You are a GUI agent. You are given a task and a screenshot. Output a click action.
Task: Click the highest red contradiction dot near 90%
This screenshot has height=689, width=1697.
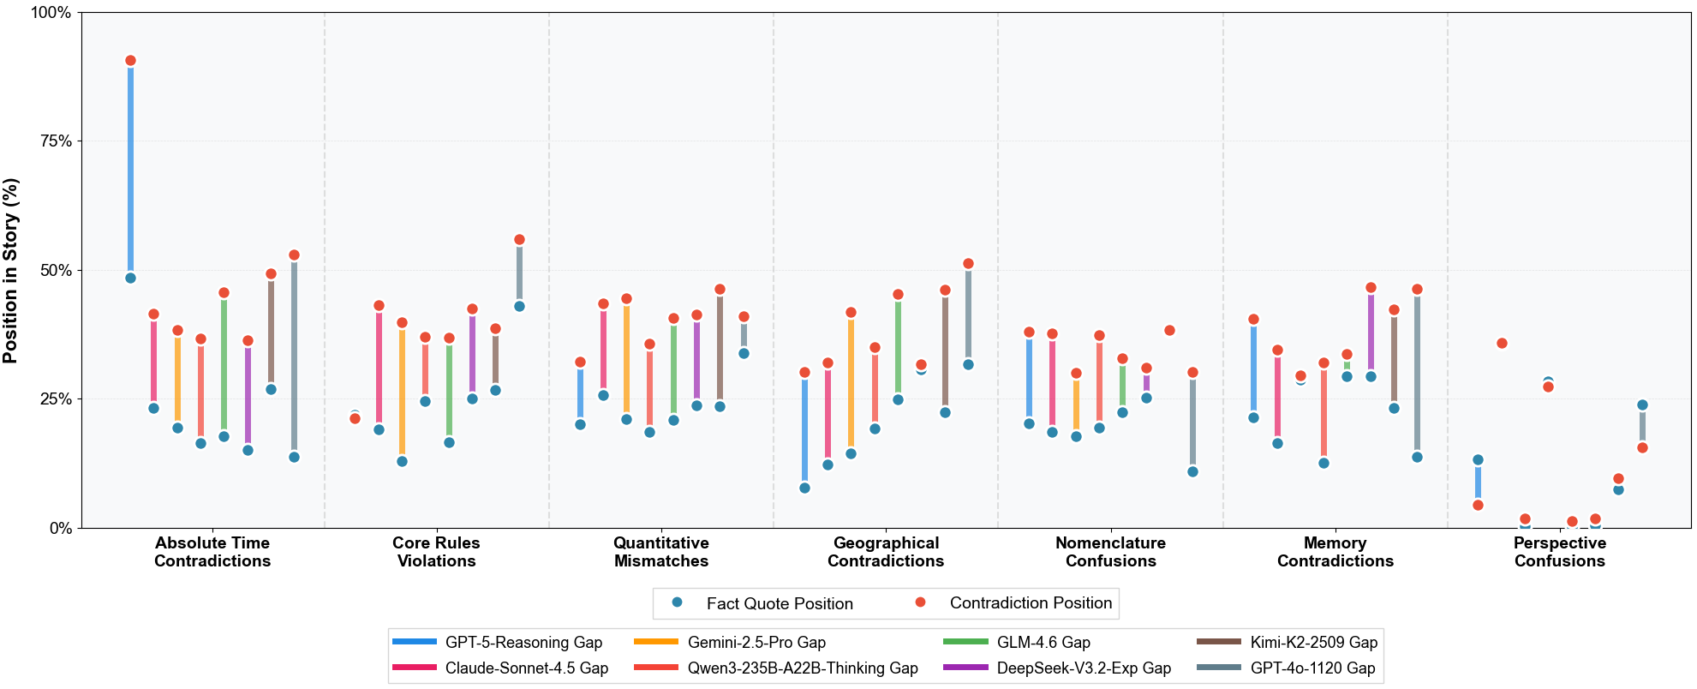(x=130, y=61)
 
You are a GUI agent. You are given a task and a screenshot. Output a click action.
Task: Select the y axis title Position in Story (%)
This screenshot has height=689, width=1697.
(x=10, y=271)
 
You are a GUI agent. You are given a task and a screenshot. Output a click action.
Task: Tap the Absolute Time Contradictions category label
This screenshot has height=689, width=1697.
(x=212, y=552)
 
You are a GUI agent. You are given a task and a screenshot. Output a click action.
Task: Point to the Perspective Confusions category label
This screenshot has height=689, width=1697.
(x=1559, y=552)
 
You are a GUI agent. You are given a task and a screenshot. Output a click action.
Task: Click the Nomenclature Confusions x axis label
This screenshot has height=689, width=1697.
(x=1110, y=552)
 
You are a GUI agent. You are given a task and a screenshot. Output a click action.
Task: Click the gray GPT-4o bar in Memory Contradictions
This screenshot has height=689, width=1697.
(x=1417, y=373)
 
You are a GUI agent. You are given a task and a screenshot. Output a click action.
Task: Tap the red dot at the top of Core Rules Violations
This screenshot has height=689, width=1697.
(x=519, y=240)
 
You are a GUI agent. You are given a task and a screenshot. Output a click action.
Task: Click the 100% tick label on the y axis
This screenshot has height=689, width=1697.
(x=52, y=13)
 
